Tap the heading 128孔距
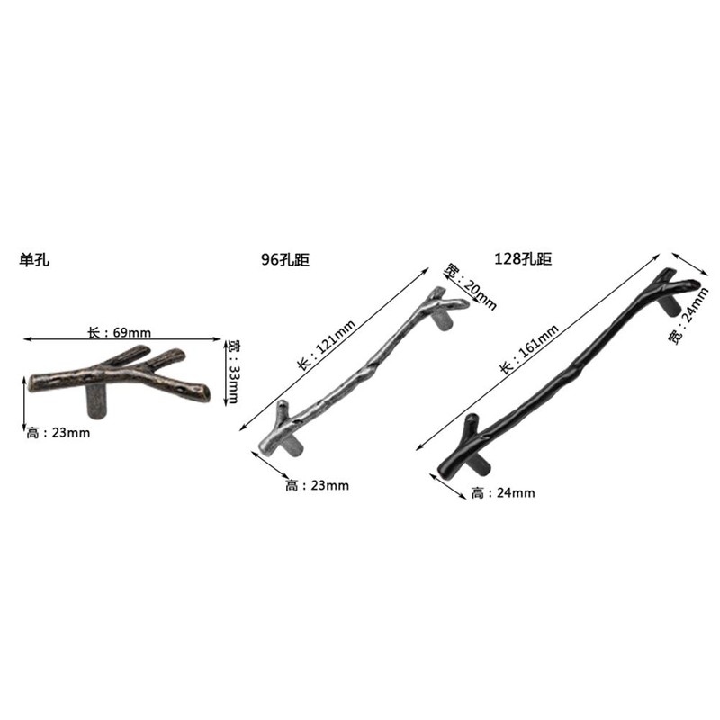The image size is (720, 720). [523, 259]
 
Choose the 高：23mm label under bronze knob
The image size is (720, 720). [58, 433]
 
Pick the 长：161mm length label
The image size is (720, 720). [530, 348]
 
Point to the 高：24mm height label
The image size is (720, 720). [503, 492]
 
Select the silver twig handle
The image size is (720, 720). [360, 369]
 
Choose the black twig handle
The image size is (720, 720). [567, 369]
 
